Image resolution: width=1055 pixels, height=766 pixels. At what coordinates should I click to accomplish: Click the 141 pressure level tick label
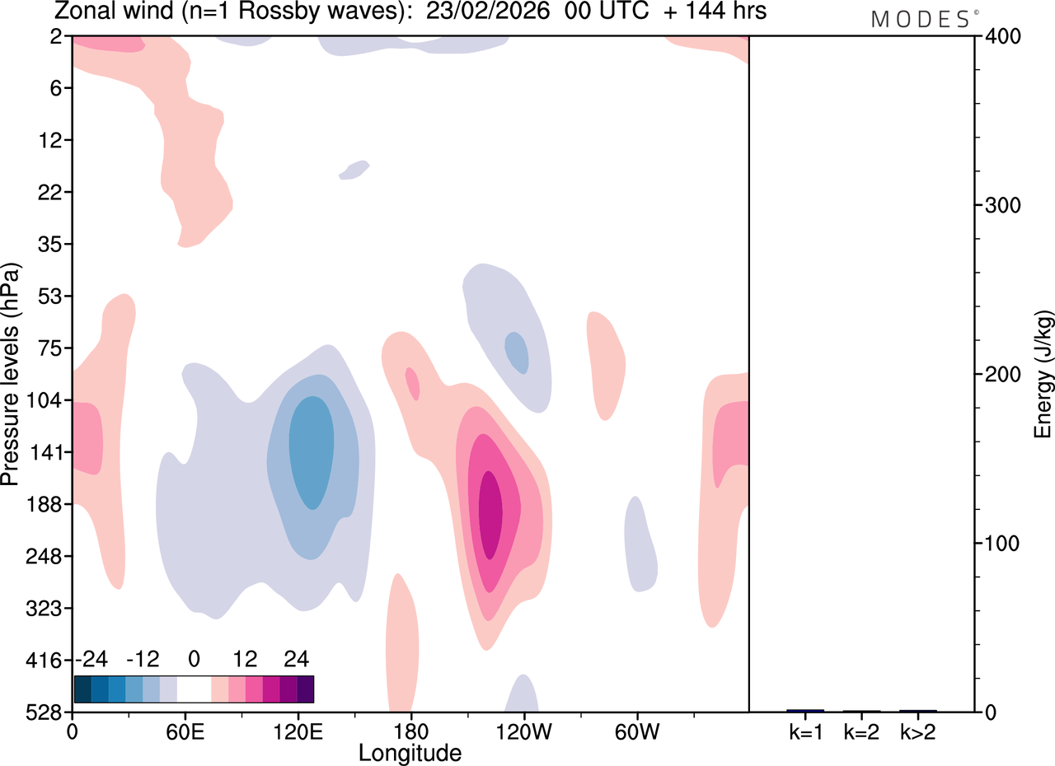[45, 452]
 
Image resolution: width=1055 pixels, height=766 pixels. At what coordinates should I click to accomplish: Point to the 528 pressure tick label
[44, 712]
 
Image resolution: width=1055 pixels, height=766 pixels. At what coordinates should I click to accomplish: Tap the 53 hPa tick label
[50, 296]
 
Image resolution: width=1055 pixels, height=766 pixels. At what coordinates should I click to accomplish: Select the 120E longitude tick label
[298, 732]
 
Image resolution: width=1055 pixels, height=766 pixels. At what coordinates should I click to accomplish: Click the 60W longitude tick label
[637, 732]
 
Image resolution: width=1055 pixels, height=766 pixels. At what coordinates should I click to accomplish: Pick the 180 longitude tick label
[411, 732]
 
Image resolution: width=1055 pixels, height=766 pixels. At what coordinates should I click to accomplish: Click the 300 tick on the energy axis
[1003, 206]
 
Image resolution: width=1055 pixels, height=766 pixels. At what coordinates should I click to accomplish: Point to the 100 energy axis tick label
[1003, 544]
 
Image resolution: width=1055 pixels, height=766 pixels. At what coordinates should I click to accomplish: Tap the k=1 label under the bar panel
[806, 732]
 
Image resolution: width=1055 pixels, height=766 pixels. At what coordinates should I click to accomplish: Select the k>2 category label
[918, 732]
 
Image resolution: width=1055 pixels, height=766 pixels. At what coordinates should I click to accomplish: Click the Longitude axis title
[410, 754]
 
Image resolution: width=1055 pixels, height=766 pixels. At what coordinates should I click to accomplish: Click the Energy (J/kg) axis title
[1043, 374]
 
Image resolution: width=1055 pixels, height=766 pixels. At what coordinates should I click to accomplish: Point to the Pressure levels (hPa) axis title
[11, 374]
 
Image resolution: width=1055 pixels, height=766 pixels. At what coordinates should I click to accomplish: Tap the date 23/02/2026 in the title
[488, 11]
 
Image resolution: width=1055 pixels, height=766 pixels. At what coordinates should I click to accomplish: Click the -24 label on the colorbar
[91, 659]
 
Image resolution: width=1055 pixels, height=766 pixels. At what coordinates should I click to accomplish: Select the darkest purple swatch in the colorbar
[305, 689]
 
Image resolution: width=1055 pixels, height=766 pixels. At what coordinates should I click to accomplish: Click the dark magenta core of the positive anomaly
[490, 515]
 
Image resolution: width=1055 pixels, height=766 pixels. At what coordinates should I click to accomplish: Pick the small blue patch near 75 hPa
[516, 353]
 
